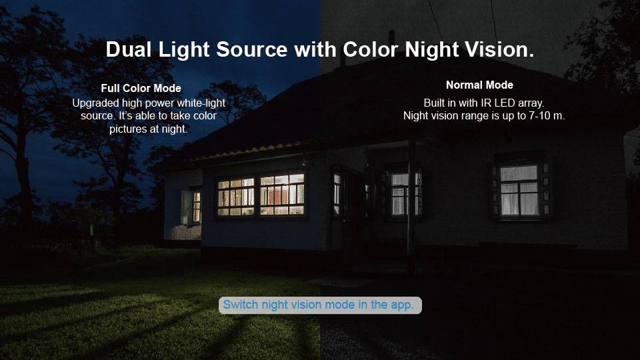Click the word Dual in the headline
tap(129, 49)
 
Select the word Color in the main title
tap(370, 49)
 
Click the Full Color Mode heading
tap(141, 88)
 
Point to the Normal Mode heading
tap(479, 85)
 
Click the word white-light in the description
tap(202, 103)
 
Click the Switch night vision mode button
tap(320, 305)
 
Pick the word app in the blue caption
tap(402, 305)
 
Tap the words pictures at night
tap(148, 129)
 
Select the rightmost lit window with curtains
tap(519, 190)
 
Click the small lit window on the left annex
tap(196, 207)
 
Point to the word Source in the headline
tap(252, 49)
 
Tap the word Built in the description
tap(434, 103)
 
